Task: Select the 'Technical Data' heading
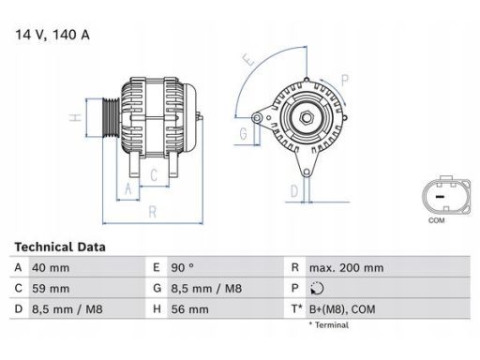click(59, 247)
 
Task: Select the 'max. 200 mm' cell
click(346, 268)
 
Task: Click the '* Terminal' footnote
click(327, 325)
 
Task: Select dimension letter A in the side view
click(127, 187)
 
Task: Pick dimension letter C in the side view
click(152, 175)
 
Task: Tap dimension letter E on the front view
click(248, 58)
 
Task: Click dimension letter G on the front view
click(243, 133)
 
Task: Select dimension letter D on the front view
click(292, 191)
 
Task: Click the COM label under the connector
click(437, 220)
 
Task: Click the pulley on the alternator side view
click(105, 120)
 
